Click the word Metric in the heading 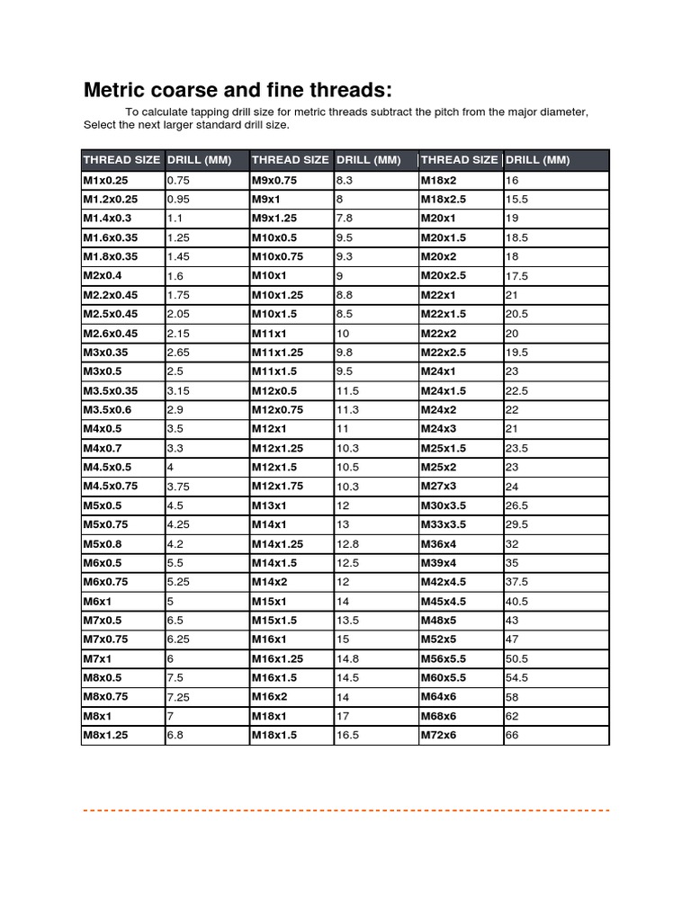point(115,91)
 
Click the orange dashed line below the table point(345,810)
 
